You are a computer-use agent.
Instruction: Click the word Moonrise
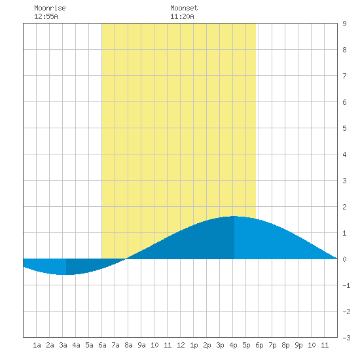(50, 8)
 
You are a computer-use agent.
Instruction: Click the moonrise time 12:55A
(46, 16)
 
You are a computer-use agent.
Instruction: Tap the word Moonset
(184, 8)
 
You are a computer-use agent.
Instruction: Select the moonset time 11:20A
(182, 16)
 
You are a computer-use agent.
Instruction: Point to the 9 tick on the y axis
(344, 24)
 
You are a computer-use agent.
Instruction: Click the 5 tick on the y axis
(344, 128)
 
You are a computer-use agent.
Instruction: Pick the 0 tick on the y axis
(344, 259)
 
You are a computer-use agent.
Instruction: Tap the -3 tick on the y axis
(346, 338)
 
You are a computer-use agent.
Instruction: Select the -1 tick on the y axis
(346, 285)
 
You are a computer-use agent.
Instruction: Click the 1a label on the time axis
(37, 345)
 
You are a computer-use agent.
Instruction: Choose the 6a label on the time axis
(102, 345)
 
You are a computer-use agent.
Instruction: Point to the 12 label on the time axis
(181, 345)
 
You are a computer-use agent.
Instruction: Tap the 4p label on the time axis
(233, 345)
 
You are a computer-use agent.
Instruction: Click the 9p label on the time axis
(298, 345)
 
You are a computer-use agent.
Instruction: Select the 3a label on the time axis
(63, 345)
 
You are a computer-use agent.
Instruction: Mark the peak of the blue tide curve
(234, 216)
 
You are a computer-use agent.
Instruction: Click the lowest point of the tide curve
(66, 275)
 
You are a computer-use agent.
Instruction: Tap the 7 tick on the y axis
(344, 76)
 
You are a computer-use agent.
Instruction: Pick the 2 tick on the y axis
(344, 207)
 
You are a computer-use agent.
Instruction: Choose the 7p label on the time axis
(272, 345)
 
